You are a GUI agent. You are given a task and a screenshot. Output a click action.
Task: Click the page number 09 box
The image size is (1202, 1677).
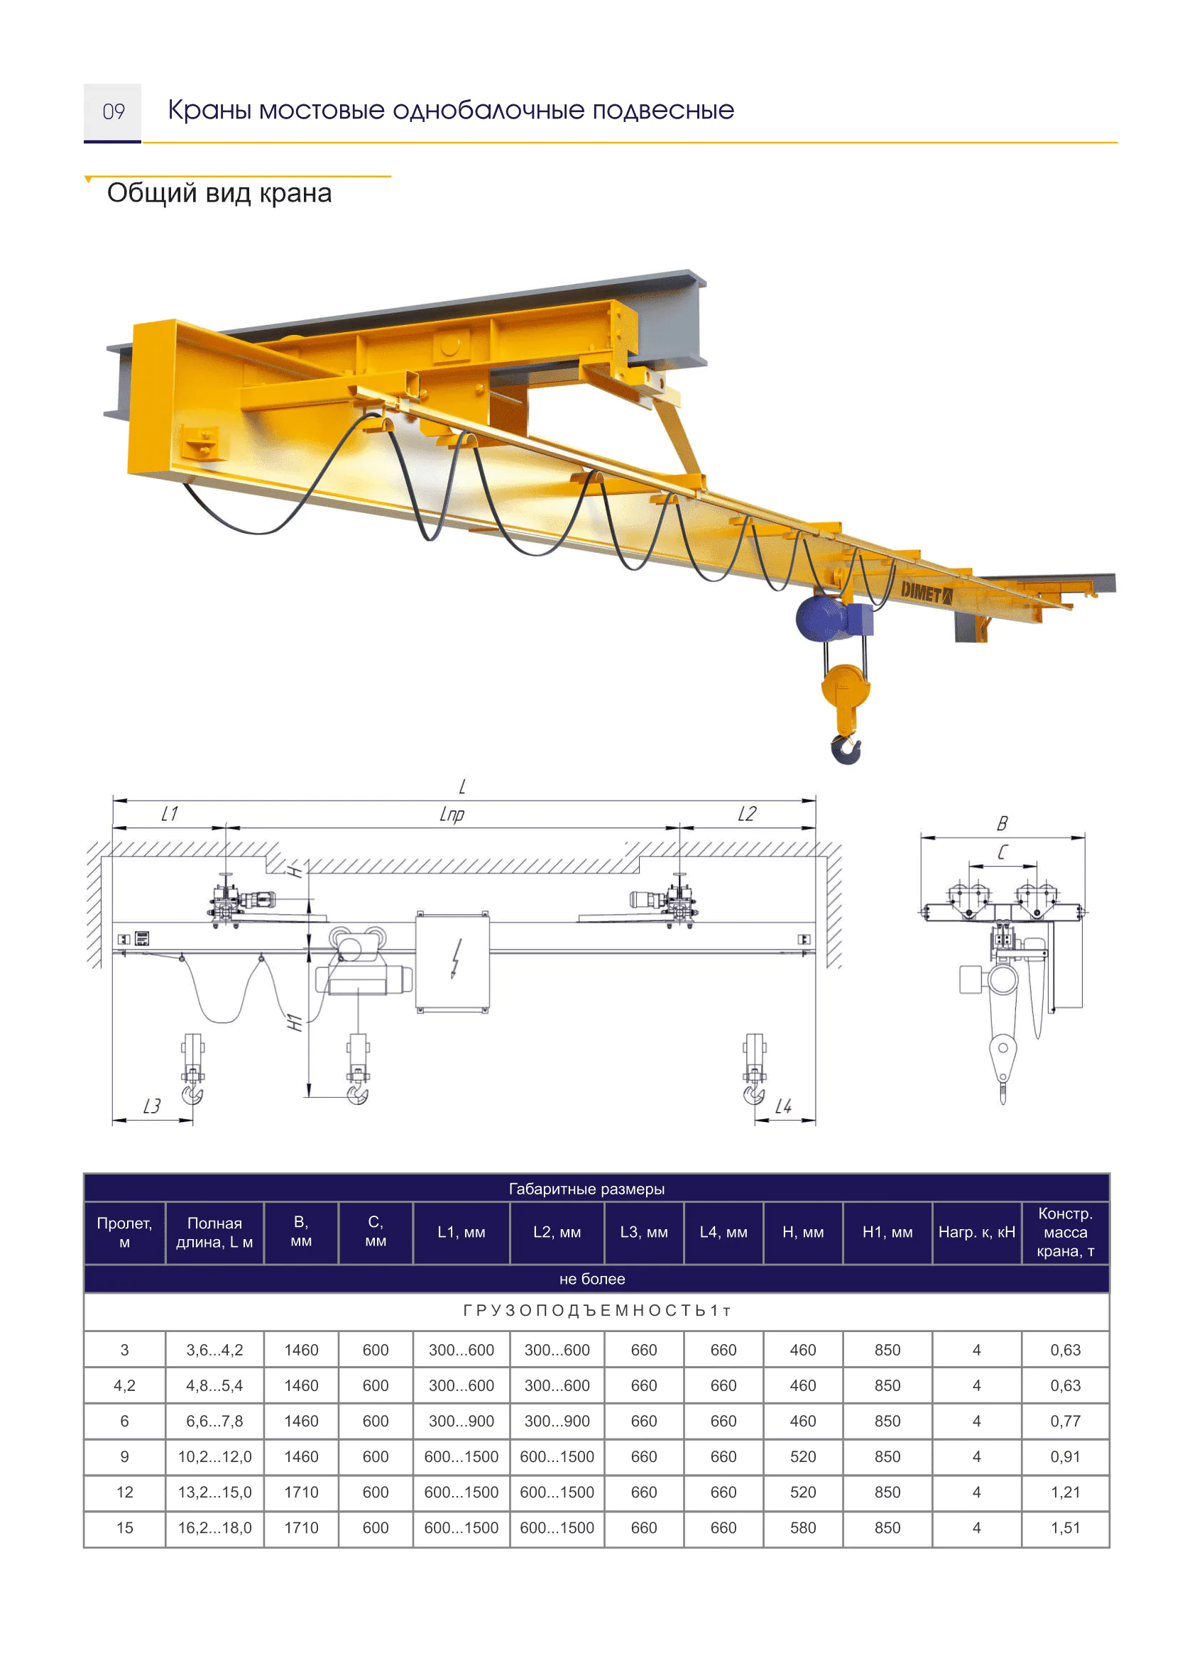pyautogui.click(x=112, y=112)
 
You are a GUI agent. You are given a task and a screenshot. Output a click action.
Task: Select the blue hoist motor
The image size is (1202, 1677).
pyautogui.click(x=823, y=618)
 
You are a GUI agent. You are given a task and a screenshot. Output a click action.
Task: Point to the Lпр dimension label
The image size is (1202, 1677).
pyautogui.click(x=452, y=814)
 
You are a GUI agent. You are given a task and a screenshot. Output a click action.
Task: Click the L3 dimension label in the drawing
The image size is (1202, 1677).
pyautogui.click(x=152, y=1106)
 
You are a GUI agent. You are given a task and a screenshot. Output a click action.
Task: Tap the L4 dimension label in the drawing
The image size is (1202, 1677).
pyautogui.click(x=782, y=1106)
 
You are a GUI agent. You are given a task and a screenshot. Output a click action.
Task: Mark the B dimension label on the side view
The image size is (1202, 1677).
pyautogui.click(x=1002, y=824)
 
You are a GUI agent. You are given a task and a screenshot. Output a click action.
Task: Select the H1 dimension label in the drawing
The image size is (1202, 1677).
pyautogui.click(x=295, y=1023)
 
